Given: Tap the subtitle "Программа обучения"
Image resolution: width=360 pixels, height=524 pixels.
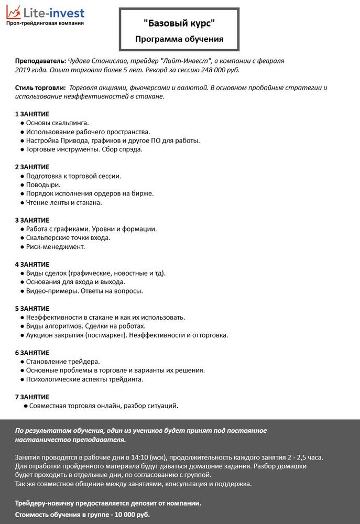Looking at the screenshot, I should click(179, 39).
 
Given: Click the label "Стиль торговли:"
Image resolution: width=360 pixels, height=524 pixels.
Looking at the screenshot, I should click(40, 88).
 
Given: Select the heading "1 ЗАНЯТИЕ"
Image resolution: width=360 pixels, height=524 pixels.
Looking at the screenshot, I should click(32, 114).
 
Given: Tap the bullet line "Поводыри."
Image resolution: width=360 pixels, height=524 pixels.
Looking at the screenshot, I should click(43, 184).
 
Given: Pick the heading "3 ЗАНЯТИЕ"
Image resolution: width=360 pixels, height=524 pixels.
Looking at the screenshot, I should click(32, 220).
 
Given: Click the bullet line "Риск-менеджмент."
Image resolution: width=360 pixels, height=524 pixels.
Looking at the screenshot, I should click(55, 246).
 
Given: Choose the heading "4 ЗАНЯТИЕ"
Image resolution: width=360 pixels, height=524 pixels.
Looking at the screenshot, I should click(32, 264).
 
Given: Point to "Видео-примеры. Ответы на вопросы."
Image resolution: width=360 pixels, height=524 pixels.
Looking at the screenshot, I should click(84, 291).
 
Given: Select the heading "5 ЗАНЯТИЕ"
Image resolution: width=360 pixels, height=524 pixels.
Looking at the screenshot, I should click(32, 309).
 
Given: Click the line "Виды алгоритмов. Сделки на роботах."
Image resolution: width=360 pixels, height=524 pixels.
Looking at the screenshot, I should click(85, 326).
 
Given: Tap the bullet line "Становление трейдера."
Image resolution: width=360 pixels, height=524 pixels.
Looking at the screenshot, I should click(62, 362).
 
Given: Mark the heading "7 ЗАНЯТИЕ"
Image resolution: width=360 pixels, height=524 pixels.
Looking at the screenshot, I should click(32, 397).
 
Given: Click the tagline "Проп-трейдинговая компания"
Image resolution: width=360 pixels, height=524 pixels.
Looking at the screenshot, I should click(45, 24).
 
